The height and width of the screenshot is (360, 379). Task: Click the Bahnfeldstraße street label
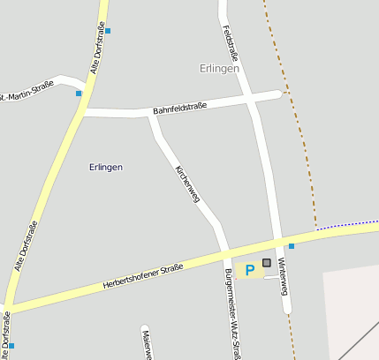point(179,107)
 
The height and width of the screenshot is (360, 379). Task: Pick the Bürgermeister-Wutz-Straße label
point(233,313)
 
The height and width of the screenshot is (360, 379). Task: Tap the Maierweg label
point(146,344)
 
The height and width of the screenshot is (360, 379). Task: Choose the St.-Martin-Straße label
point(27,89)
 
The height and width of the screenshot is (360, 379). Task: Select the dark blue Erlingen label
point(106,167)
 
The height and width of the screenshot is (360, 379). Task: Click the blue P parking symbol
point(249,269)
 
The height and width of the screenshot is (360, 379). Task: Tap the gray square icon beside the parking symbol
point(267,264)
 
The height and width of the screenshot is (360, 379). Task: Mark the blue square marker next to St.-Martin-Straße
point(79,93)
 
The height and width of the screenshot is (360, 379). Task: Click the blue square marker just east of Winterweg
point(292,246)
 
